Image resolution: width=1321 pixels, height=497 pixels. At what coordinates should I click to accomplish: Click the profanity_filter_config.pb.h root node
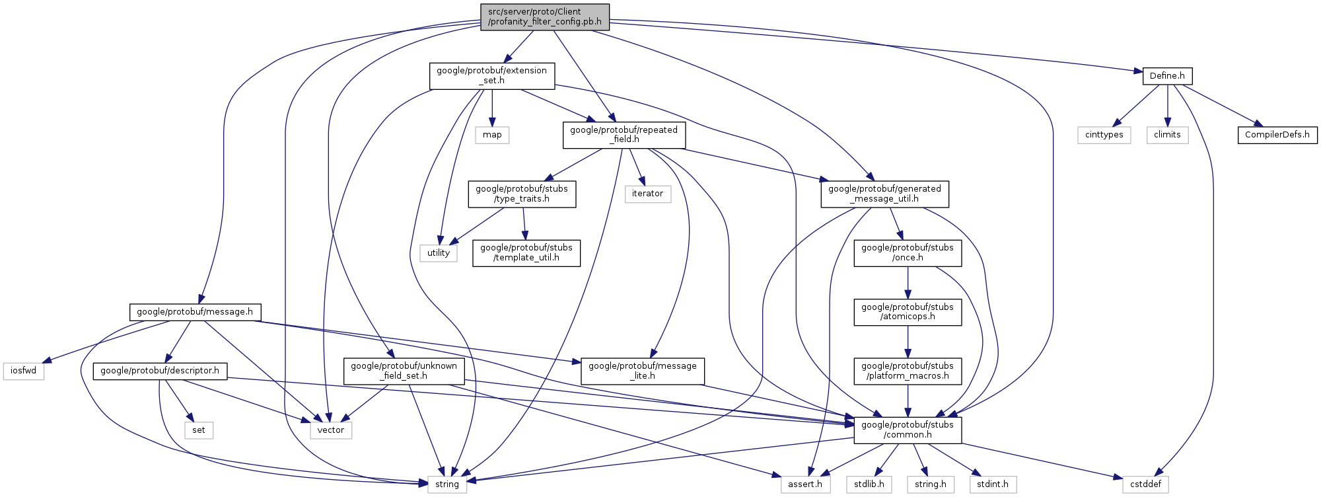[544, 17]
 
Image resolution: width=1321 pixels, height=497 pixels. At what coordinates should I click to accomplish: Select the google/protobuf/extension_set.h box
[491, 76]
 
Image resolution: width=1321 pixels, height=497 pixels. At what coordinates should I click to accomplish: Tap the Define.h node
[1167, 76]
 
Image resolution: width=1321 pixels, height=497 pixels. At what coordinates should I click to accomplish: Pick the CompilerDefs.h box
[1277, 135]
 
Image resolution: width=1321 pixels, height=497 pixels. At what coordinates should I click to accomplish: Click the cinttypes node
[1104, 135]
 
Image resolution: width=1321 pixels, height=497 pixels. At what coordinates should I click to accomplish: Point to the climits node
[1167, 135]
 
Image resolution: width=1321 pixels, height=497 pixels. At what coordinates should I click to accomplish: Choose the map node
[492, 135]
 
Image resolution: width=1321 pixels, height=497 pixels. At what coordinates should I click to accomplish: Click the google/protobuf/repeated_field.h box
[624, 135]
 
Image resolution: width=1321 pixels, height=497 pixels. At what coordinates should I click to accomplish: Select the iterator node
[647, 194]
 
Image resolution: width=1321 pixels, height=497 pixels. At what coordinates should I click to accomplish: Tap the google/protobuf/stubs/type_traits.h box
[522, 194]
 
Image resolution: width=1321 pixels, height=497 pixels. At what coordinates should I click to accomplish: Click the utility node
[439, 253]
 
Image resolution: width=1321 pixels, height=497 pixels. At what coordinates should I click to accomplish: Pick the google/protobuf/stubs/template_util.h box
[526, 253]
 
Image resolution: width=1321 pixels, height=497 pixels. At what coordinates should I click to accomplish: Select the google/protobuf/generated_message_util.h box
[884, 194]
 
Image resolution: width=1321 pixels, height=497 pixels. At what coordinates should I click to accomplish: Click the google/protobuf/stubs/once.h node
[908, 253]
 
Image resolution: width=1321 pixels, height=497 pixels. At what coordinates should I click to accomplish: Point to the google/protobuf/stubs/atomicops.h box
[908, 312]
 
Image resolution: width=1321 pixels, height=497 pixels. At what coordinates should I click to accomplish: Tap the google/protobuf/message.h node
[195, 312]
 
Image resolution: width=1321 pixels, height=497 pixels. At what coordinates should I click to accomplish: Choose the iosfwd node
[24, 371]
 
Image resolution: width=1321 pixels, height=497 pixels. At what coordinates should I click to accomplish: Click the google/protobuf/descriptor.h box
[160, 371]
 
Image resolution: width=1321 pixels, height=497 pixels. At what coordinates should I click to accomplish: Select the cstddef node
[1145, 484]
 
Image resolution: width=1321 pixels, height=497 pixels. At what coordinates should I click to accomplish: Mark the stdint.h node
[993, 484]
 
